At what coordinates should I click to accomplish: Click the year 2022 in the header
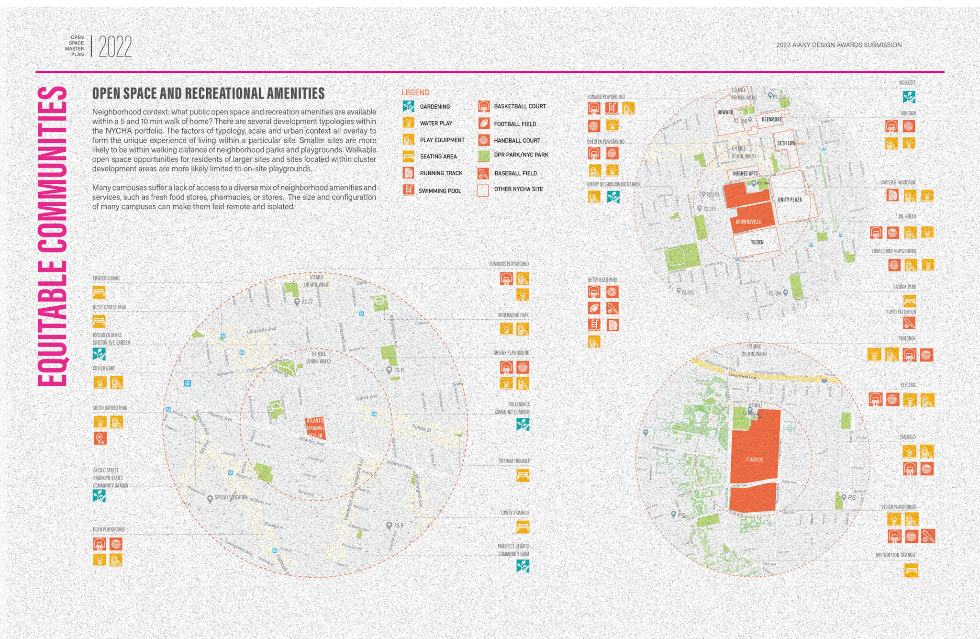pos(115,47)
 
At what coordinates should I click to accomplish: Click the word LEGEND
pos(415,92)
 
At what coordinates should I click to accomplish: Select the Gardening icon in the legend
pos(408,106)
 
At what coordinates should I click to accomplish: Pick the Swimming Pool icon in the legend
pos(408,190)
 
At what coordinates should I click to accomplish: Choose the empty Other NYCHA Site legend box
pos(483,190)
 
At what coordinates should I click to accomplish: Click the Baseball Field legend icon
pos(484,173)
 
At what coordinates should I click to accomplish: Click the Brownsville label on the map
pos(748,222)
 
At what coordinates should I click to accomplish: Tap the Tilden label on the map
pos(757,242)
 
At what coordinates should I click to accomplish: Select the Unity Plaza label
pos(790,200)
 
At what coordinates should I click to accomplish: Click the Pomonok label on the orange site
pos(755,460)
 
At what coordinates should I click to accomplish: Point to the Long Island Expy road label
pos(743,376)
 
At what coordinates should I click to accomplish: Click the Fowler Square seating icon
pos(99,291)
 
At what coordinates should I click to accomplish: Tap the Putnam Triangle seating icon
pos(523,475)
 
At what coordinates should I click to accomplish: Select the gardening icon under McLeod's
pos(909,97)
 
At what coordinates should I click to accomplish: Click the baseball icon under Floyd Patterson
pos(909,323)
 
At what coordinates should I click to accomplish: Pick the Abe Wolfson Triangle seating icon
pos(911,570)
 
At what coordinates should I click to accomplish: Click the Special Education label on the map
pos(231,497)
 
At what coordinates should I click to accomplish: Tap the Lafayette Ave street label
pos(261,330)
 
